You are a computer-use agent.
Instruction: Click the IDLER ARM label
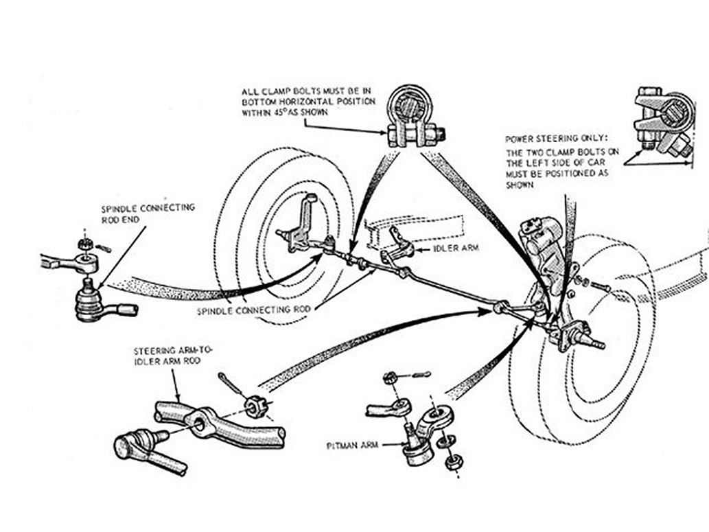pos(455,248)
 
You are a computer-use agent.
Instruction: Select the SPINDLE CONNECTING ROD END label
pos(148,213)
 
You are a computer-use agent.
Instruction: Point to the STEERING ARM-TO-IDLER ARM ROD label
pos(173,356)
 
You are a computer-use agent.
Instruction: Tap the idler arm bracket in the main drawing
pos(398,247)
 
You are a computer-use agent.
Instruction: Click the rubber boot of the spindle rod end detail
pos(89,303)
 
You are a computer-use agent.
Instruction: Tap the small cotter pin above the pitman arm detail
pos(419,375)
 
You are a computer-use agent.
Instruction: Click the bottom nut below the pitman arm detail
pos(451,463)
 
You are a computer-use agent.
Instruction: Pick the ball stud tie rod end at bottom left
pos(149,450)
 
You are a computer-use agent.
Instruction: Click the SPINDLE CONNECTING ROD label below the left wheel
pos(254,311)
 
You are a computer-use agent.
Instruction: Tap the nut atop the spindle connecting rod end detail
pos(84,244)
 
